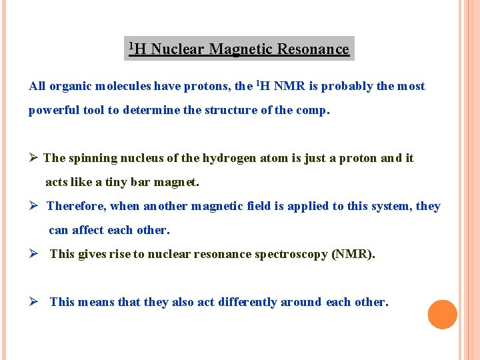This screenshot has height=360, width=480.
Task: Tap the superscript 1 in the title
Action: (132, 45)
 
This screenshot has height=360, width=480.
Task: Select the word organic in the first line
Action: (71, 86)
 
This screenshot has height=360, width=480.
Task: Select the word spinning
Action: (93, 158)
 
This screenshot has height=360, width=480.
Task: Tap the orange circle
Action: (443, 315)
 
